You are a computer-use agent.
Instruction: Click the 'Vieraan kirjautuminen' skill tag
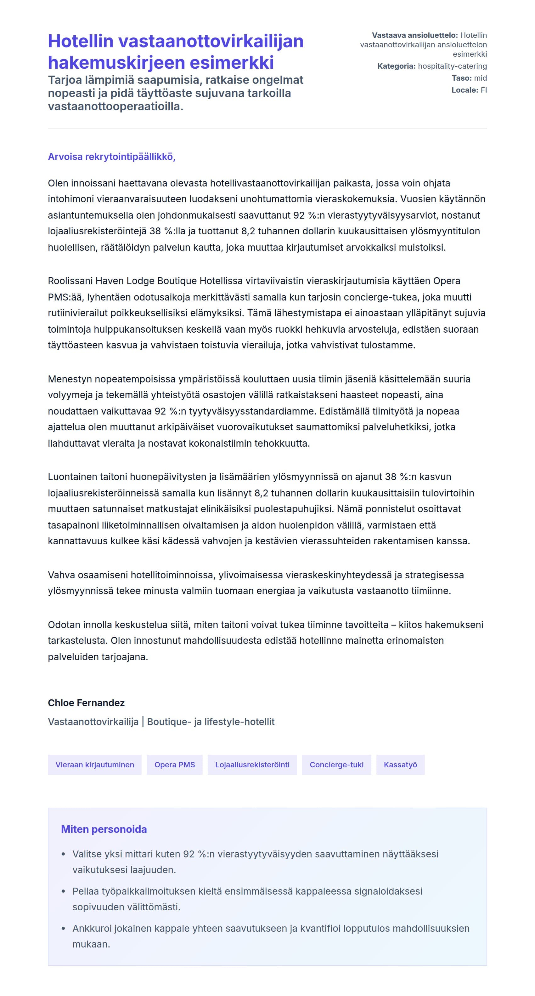pyautogui.click(x=95, y=764)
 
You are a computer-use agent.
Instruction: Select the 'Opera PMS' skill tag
pyautogui.click(x=175, y=764)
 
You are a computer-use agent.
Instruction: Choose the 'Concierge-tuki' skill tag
pyautogui.click(x=336, y=764)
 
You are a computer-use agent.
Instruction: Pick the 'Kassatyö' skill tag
pyautogui.click(x=400, y=764)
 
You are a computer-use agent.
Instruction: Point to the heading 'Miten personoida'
pyautogui.click(x=104, y=829)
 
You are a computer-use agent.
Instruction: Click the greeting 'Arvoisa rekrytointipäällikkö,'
pyautogui.click(x=112, y=157)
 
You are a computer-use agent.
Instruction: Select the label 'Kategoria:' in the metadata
pyautogui.click(x=396, y=66)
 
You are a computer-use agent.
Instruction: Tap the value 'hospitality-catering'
pyautogui.click(x=452, y=66)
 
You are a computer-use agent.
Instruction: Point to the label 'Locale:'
pyautogui.click(x=465, y=90)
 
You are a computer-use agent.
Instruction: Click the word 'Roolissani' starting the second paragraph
pyautogui.click(x=70, y=281)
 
